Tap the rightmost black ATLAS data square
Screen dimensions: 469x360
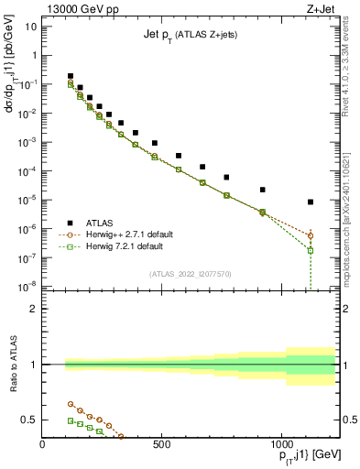coord(311,202)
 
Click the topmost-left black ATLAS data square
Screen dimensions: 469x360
coord(71,76)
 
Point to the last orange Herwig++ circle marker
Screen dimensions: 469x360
coord(311,235)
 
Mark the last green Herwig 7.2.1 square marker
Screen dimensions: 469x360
coord(311,250)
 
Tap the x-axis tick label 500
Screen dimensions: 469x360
coord(161,445)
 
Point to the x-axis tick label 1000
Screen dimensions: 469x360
coord(280,445)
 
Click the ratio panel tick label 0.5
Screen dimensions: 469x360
coord(29,420)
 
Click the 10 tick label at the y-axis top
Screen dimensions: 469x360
coord(31,27)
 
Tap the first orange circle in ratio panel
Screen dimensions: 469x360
coord(71,403)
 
